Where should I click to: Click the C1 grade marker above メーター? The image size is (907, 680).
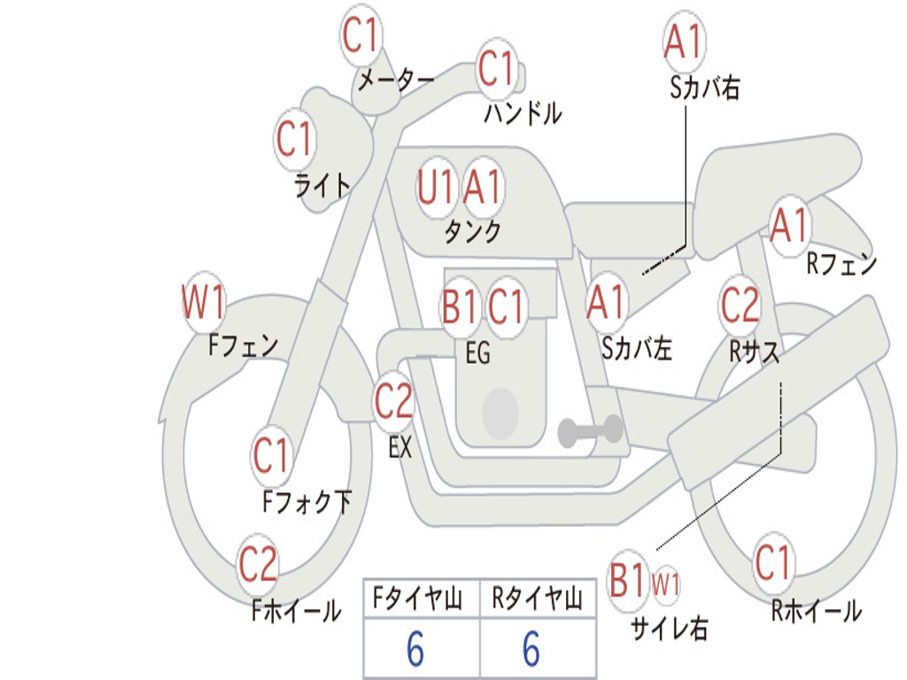click(360, 36)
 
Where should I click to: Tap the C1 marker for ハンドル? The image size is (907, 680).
click(496, 68)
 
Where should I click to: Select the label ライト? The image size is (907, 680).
click(322, 185)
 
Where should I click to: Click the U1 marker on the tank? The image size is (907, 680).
click(436, 187)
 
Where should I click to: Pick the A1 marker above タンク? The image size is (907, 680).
click(483, 187)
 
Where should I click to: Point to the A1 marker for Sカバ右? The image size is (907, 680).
click(682, 42)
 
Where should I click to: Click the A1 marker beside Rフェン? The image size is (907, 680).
click(789, 226)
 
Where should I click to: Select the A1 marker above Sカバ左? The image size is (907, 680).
click(607, 302)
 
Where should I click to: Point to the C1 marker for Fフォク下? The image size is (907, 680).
click(271, 456)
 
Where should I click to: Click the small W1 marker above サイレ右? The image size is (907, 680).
click(665, 584)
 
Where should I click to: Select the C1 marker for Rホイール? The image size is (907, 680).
click(772, 562)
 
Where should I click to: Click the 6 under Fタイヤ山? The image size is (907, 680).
click(415, 650)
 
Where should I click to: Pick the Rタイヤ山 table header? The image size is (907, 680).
click(537, 600)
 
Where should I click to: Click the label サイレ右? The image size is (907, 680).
click(669, 628)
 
